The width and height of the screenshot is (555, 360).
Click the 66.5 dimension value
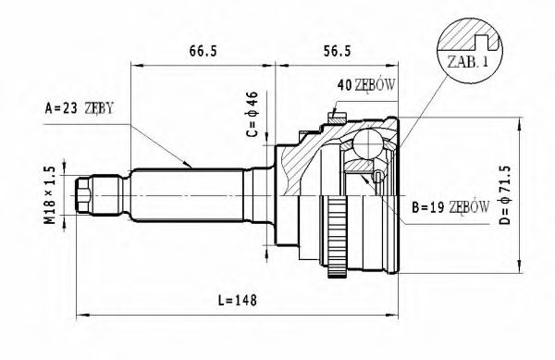tap(203, 51)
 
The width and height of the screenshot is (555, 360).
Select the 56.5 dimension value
tap(337, 51)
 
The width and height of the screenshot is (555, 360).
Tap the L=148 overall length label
tap(237, 301)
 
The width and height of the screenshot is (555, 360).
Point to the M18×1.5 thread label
tap(50, 195)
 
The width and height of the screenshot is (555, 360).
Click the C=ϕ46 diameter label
tap(253, 114)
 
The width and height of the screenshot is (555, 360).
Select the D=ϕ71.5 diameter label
tap(506, 194)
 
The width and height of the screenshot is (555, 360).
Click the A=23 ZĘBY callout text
tap(80, 108)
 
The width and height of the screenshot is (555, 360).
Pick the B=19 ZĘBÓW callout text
tap(450, 207)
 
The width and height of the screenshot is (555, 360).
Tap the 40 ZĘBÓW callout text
tap(366, 85)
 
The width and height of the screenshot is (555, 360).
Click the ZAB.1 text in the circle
tap(467, 62)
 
